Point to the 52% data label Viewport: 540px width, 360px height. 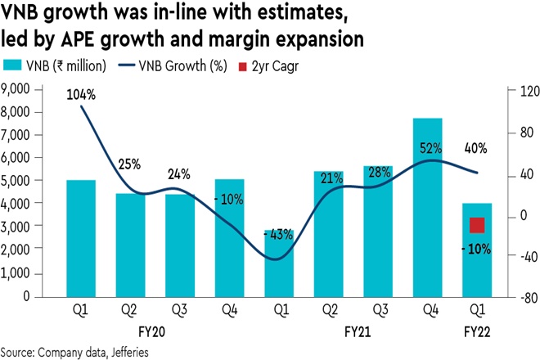(430, 148)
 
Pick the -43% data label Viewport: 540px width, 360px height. (278, 235)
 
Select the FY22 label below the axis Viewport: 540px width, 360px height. (477, 332)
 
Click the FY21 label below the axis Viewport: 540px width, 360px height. (354, 332)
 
